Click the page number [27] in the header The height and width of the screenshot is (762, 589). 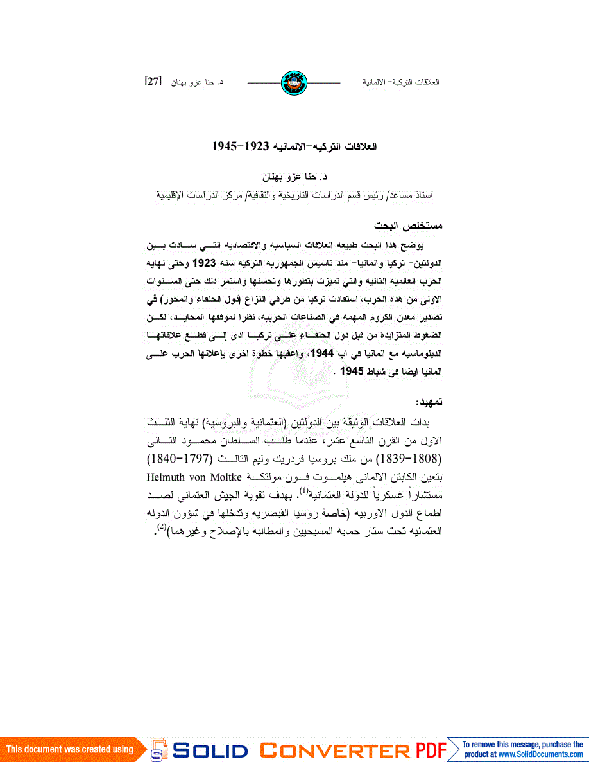pyautogui.click(x=153, y=82)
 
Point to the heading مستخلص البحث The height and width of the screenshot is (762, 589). pyautogui.click(x=409, y=226)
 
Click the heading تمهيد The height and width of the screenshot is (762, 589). pyautogui.click(x=429, y=402)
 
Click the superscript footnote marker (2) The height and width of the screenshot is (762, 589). pyautogui.click(x=162, y=527)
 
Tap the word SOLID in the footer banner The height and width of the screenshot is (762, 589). pyautogui.click(x=210, y=750)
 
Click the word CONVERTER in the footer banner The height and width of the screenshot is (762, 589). pyautogui.click(x=334, y=750)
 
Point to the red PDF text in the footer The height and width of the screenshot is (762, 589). pyautogui.click(x=431, y=750)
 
